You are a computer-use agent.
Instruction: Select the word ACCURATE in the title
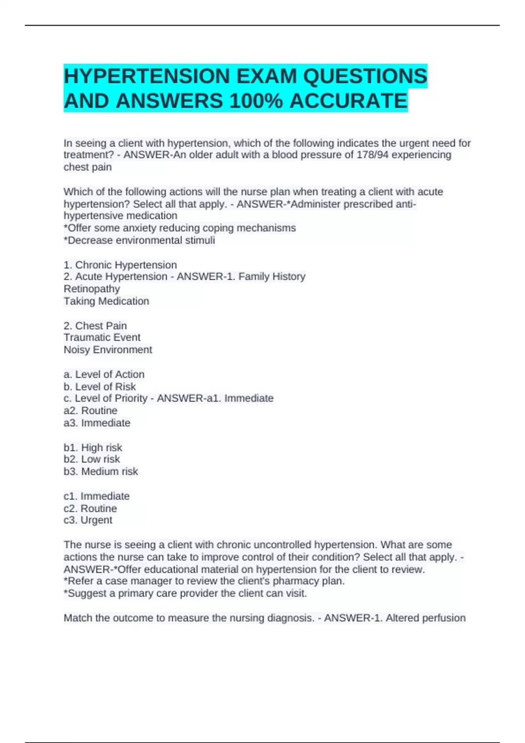(x=348, y=101)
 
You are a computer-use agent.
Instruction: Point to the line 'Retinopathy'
(x=92, y=289)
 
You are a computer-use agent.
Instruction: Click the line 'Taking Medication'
(x=106, y=301)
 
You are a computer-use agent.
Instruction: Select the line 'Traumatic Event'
(x=102, y=337)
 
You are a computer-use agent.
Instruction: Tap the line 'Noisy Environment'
(x=108, y=350)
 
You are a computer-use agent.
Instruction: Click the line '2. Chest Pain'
(x=95, y=326)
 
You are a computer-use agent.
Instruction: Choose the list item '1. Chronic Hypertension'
(x=120, y=265)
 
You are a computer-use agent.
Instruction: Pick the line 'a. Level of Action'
(x=104, y=374)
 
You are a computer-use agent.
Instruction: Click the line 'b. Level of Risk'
(x=100, y=386)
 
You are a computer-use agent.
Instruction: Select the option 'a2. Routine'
(x=90, y=410)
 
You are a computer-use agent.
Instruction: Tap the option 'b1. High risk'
(x=93, y=448)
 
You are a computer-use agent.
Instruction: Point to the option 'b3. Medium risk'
(x=101, y=471)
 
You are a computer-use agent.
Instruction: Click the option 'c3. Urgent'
(x=88, y=520)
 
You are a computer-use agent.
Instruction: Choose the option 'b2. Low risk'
(x=91, y=459)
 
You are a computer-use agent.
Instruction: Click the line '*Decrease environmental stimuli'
(x=139, y=240)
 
